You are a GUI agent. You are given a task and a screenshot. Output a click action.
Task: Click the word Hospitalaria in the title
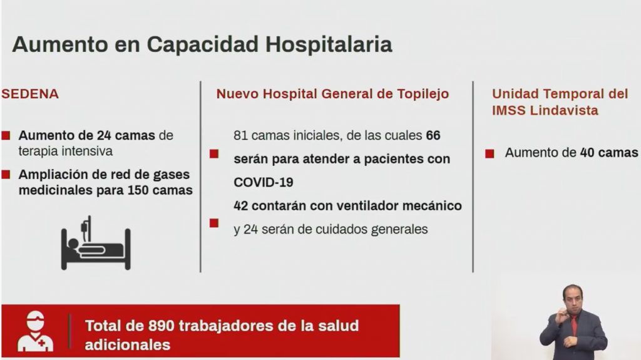pos(329,45)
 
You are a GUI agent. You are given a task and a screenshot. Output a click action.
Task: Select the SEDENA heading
pos(30,94)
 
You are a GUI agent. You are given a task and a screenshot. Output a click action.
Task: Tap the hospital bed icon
pos(96,243)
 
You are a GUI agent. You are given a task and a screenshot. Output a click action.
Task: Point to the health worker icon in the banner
pos(35,331)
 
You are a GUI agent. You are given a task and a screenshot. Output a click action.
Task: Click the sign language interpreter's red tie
pos(574,325)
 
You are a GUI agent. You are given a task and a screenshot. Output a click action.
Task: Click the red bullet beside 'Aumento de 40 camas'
pos(490,154)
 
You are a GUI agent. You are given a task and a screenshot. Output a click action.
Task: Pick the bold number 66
pos(433,135)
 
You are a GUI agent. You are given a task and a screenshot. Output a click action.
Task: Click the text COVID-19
pos(264,182)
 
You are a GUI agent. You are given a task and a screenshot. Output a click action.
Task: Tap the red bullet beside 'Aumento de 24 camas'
pos(6,135)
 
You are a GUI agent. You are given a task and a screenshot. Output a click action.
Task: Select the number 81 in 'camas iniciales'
pos(240,135)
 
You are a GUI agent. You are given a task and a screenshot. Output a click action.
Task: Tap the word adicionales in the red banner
pos(128,345)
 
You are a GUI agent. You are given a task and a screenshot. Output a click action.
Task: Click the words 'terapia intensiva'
pos(65,152)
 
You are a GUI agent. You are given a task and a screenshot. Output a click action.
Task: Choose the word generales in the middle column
pos(399,230)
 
